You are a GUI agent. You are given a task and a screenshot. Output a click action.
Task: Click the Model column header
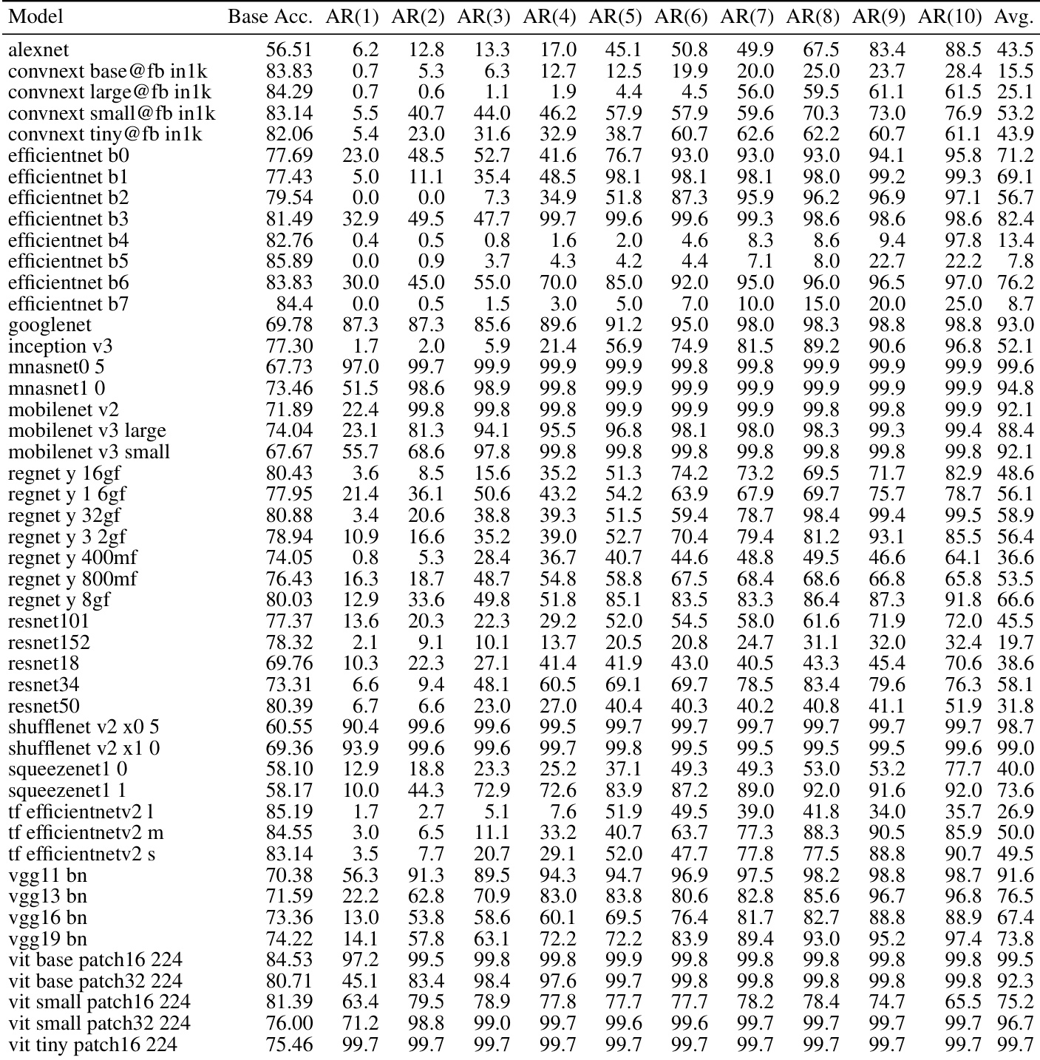tap(35, 17)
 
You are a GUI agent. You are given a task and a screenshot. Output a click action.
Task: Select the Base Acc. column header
tap(270, 17)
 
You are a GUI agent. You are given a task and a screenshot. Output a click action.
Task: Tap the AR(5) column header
tap(615, 17)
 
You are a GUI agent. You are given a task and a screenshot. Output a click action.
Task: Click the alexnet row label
tap(38, 50)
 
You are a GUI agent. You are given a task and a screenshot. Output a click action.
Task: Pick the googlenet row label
tap(50, 325)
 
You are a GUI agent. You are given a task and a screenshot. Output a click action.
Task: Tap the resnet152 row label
tap(49, 642)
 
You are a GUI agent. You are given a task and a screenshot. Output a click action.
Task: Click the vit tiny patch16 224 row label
tap(92, 1044)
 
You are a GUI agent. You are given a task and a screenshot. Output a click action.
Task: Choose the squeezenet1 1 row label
tap(67, 790)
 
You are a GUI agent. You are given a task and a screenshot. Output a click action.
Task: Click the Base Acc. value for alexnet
tap(289, 50)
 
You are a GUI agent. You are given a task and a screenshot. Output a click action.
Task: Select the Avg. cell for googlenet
tap(1015, 325)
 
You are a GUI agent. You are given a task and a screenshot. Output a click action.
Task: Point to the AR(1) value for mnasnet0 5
tap(361, 367)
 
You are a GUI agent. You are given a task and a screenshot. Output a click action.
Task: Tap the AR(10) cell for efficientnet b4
tap(963, 240)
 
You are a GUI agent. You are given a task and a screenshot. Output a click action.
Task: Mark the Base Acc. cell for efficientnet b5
tap(289, 262)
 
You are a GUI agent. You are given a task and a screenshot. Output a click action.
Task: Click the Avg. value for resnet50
tap(1015, 706)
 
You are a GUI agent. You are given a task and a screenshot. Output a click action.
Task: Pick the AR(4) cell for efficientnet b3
tap(558, 220)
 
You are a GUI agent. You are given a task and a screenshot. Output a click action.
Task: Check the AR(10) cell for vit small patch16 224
tap(963, 1002)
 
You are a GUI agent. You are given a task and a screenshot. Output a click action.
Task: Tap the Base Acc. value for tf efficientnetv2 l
tap(289, 812)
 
